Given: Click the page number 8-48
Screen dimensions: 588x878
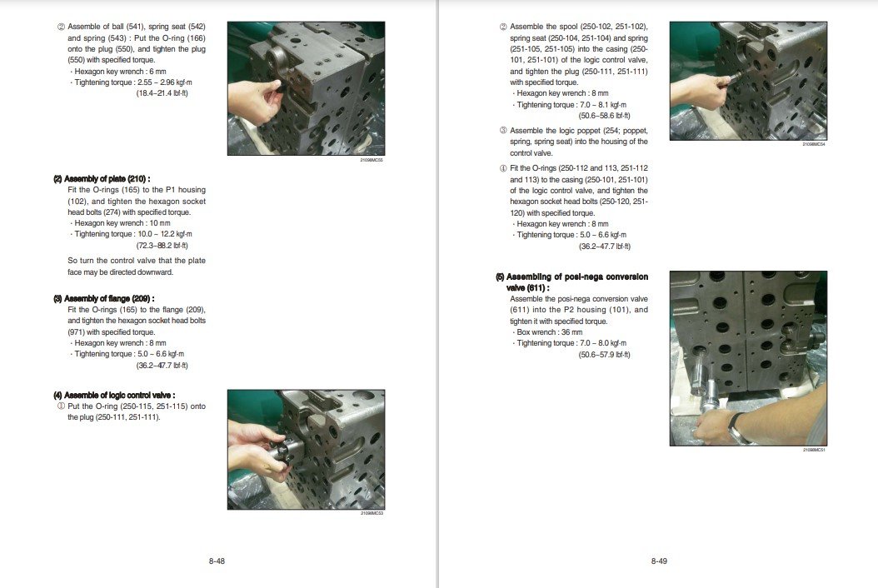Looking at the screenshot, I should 217,561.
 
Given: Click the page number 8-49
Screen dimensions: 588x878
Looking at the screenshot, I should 659,561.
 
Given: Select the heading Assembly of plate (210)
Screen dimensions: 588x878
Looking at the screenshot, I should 102,179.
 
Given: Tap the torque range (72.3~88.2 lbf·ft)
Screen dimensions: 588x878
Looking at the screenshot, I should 162,246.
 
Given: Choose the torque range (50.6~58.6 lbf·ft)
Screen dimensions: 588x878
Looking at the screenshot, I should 604,116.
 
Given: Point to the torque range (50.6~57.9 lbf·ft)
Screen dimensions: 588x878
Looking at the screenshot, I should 604,354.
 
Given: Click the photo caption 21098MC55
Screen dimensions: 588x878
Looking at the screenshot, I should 372,159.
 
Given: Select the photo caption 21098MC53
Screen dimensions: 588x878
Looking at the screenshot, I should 372,513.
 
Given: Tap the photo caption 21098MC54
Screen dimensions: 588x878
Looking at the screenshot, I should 813,144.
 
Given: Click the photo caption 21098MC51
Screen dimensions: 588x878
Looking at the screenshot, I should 813,450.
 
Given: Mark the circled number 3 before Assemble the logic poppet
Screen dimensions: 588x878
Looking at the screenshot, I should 503,131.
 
